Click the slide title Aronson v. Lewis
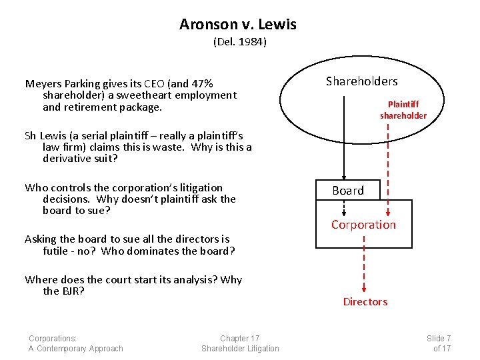click(x=238, y=25)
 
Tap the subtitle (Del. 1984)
click(x=239, y=42)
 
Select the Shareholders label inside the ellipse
click(x=361, y=81)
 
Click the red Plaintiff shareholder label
click(x=403, y=110)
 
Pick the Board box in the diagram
click(x=348, y=191)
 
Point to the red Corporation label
click(x=363, y=225)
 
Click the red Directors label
click(x=365, y=302)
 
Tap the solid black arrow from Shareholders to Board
click(x=343, y=133)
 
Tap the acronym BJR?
click(x=72, y=291)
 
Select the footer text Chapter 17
click(x=240, y=338)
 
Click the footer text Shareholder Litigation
click(x=240, y=349)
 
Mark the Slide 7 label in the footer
click(x=438, y=338)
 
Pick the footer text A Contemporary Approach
click(x=75, y=349)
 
